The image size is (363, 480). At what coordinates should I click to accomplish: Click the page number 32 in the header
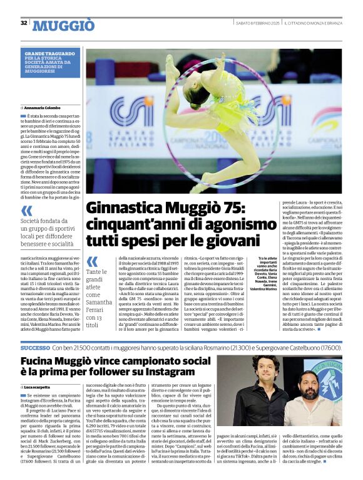tap(24, 23)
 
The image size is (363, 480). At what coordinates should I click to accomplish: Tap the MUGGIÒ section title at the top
tap(63, 25)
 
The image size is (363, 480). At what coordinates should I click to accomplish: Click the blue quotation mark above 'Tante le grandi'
tap(93, 261)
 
